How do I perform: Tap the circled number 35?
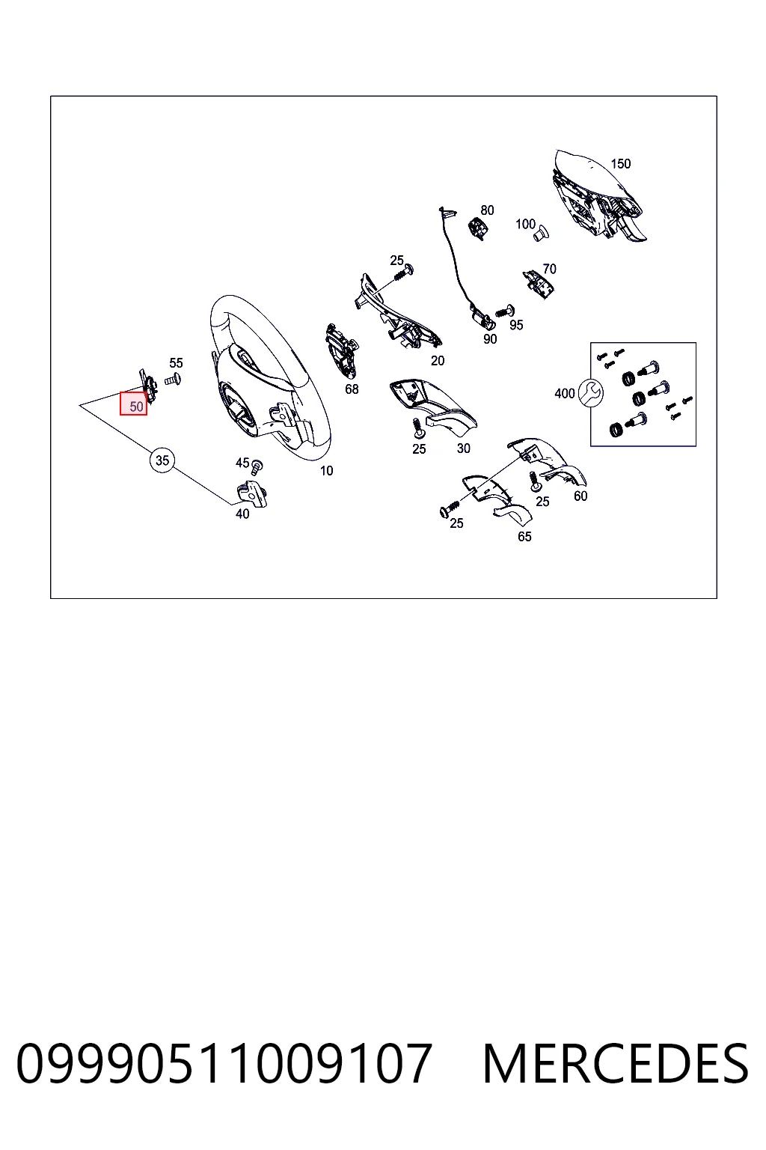pos(162,460)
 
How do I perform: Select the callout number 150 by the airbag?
pos(620,164)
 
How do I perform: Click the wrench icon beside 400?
pos(590,393)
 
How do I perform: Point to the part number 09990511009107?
pos(224,1063)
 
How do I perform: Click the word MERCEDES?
pos(616,1063)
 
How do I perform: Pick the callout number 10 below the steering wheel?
pos(326,470)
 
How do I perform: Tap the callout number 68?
pos(352,389)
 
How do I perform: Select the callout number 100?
pos(525,225)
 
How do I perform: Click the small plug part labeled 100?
pos(541,234)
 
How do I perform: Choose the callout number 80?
pos(487,210)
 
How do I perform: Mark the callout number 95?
pos(516,325)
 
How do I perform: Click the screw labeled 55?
pos(172,380)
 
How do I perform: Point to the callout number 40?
pos(242,514)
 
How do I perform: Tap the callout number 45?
pos(242,463)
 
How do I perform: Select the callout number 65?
pos(524,537)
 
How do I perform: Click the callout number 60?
pos(580,496)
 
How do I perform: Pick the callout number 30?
pos(463,448)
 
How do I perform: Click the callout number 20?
pos(437,361)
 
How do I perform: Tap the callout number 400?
pos(564,394)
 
